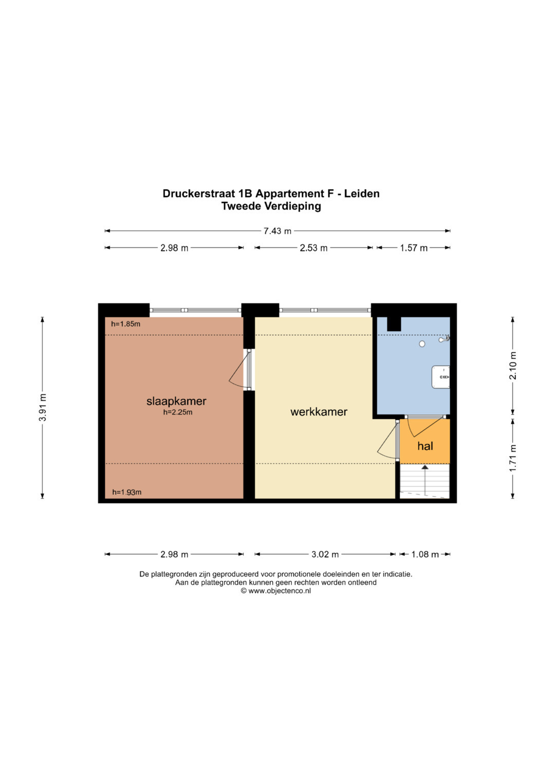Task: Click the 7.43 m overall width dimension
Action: tap(277, 231)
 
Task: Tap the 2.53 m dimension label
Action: tap(313, 248)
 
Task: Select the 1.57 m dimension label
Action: tap(414, 248)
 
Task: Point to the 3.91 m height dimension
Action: tap(42, 407)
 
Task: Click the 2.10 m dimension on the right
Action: tap(513, 366)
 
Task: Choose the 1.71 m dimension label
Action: tap(513, 458)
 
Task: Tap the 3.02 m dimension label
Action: tap(325, 554)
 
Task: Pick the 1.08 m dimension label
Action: tap(425, 554)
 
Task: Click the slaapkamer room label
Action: tap(176, 401)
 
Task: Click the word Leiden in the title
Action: tap(362, 194)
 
